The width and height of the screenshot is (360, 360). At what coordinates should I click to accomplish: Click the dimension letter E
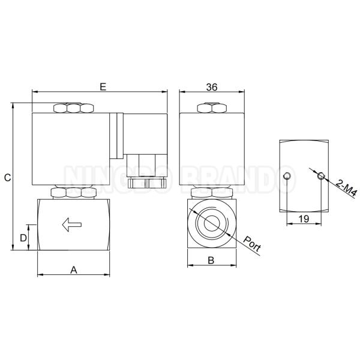tap(103, 87)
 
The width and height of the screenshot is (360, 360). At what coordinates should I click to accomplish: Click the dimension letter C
tap(7, 178)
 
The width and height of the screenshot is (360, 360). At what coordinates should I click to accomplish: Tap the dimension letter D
tap(23, 238)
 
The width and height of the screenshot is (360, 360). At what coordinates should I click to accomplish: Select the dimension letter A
tap(73, 270)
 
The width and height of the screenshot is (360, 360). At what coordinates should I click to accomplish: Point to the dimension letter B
tap(211, 260)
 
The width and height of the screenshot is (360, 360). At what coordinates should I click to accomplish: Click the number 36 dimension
tap(211, 87)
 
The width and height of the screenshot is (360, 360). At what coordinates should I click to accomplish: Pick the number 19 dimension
tap(304, 219)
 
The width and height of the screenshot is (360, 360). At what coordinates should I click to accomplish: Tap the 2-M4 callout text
tap(346, 188)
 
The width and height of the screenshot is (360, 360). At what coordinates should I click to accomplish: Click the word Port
tap(252, 244)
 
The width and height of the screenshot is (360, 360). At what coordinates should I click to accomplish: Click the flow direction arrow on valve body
tap(72, 224)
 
